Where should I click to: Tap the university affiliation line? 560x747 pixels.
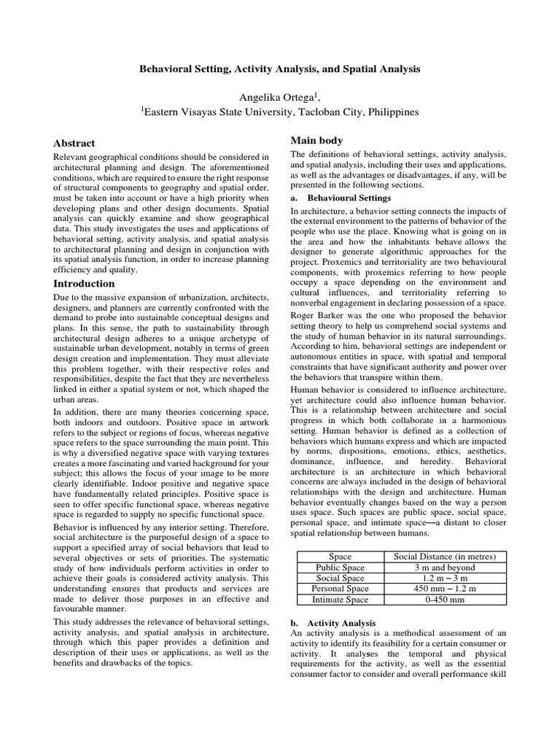click(x=280, y=112)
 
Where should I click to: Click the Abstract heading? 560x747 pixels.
click(x=74, y=143)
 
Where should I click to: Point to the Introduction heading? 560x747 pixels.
click(x=85, y=283)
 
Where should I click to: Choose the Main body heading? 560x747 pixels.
click(x=316, y=140)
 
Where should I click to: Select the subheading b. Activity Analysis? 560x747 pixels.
click(x=333, y=624)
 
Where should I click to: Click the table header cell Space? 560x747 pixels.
click(x=340, y=557)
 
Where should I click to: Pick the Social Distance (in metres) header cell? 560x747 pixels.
click(x=435, y=557)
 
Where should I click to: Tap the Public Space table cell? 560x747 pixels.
click(x=340, y=568)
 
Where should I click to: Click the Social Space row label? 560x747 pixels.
click(x=340, y=578)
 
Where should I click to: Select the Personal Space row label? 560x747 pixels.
click(x=340, y=589)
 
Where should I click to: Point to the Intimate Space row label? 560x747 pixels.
click(x=340, y=600)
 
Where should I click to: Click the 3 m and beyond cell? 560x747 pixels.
click(x=435, y=568)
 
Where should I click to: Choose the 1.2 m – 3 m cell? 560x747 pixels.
click(x=435, y=578)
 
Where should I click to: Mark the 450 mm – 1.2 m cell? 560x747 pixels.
click(x=435, y=589)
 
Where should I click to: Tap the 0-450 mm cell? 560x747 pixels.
click(x=435, y=600)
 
